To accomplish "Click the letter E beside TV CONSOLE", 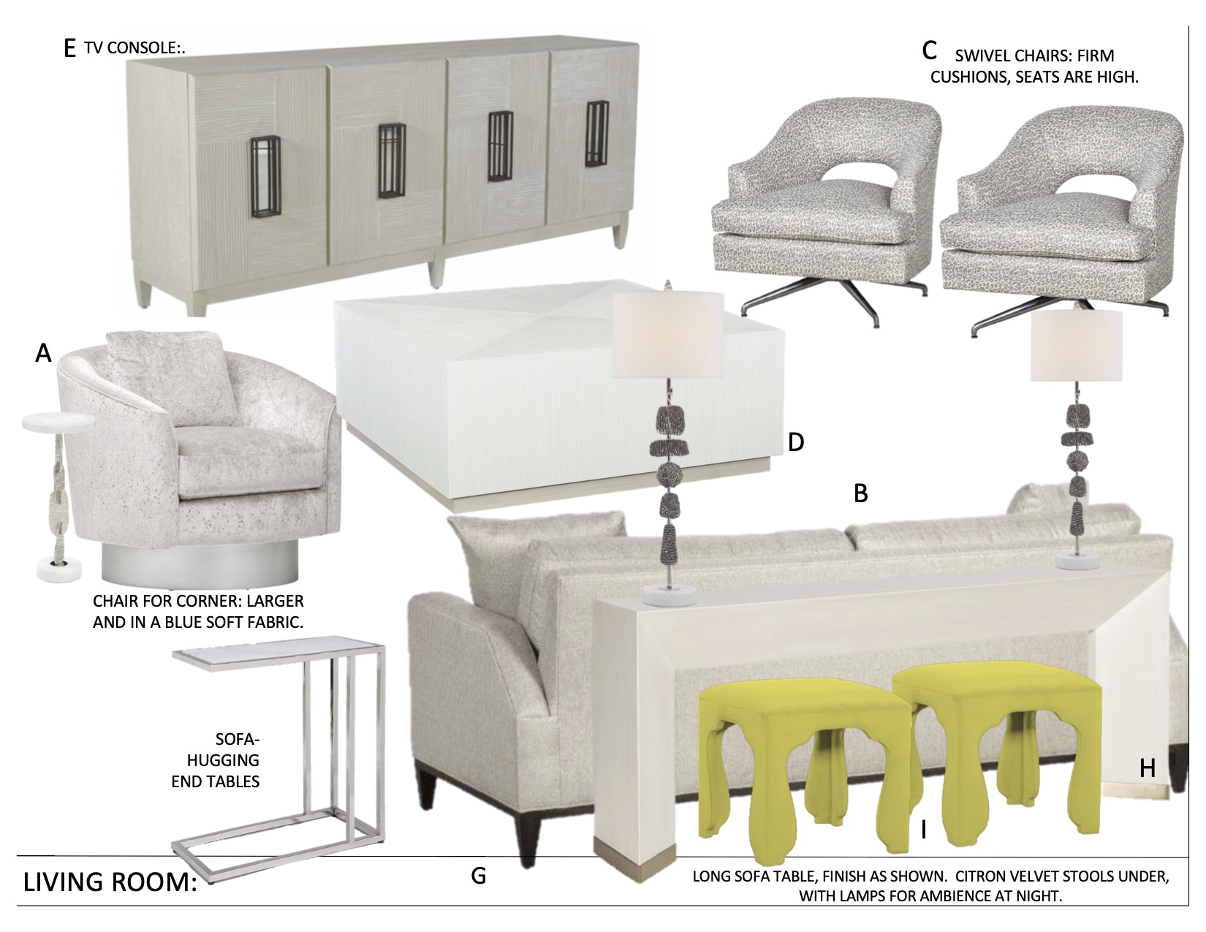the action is point(69,48).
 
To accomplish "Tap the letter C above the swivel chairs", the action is point(929,50).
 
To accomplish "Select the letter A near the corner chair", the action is point(43,352).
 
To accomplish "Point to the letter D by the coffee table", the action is point(796,442).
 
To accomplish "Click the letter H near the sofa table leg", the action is point(1148,768).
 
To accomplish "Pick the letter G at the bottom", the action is point(479,876).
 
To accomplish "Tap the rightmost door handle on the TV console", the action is point(597,134).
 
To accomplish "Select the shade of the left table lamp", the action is point(668,336).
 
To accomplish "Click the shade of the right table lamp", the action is point(1077,345).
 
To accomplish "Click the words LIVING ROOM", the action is point(110,882).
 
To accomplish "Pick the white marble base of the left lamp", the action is point(670,596).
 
